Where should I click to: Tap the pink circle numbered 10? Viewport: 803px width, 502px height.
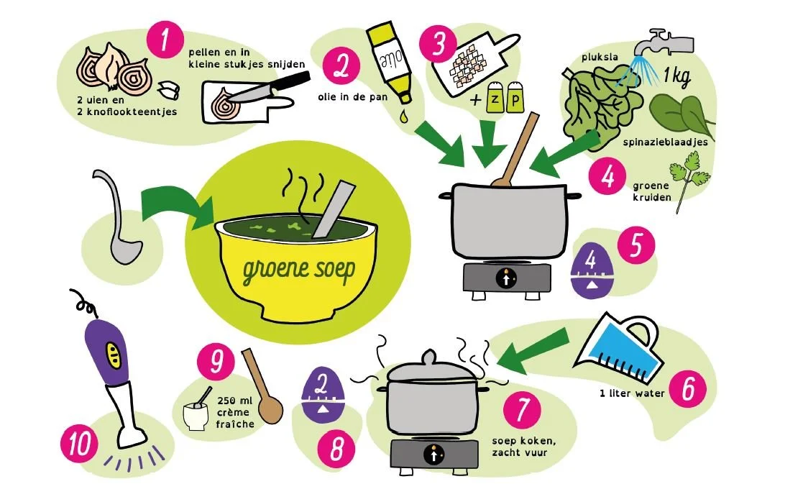click(80, 444)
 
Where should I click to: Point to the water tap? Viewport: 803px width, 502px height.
click(663, 43)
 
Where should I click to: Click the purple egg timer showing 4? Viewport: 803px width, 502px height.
click(592, 270)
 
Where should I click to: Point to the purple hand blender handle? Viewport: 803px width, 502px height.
click(106, 352)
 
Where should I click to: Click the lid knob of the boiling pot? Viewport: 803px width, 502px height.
click(429, 357)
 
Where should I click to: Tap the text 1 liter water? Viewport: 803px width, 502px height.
click(632, 393)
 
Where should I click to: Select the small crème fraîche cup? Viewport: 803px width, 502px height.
click(195, 416)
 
